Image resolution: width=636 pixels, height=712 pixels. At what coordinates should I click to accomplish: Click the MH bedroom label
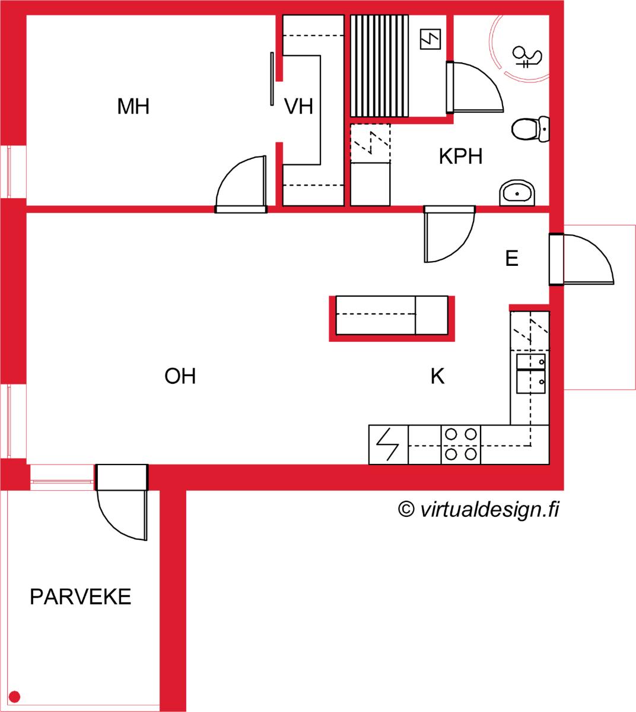[133, 106]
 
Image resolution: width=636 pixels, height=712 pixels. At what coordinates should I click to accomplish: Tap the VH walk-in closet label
[298, 106]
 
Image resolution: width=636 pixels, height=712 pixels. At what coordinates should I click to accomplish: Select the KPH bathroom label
[460, 156]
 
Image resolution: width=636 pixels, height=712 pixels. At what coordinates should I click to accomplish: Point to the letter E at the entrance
[511, 258]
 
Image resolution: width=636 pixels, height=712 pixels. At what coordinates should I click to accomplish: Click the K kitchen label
[437, 376]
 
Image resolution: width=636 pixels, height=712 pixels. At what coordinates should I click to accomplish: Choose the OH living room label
[180, 376]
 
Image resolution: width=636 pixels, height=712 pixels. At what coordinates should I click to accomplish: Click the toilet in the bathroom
[530, 129]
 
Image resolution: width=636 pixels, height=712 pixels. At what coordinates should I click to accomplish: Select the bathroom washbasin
[517, 193]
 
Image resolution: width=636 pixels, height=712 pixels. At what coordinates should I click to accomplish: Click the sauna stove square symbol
[431, 39]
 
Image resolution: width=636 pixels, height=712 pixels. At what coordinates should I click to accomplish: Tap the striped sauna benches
[380, 66]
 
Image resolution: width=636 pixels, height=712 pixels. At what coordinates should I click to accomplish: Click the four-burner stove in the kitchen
[460, 444]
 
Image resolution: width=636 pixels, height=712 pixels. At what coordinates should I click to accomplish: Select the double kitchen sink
[531, 374]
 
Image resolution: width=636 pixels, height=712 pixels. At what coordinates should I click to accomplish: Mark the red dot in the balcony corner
[14, 696]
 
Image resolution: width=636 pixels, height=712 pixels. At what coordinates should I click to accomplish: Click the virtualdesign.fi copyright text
[479, 509]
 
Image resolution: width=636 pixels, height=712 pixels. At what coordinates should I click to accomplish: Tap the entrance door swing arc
[597, 250]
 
